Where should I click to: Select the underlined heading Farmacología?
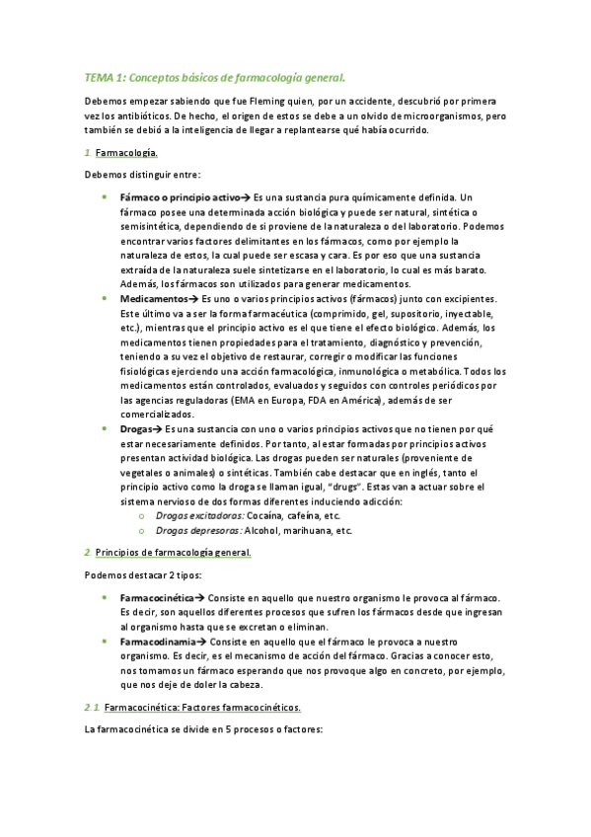point(128,153)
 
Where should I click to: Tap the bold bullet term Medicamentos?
point(152,299)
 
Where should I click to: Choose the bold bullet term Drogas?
point(137,429)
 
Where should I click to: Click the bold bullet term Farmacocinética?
point(156,599)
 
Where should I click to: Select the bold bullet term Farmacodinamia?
point(155,642)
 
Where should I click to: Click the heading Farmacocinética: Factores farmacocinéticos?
point(202,708)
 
